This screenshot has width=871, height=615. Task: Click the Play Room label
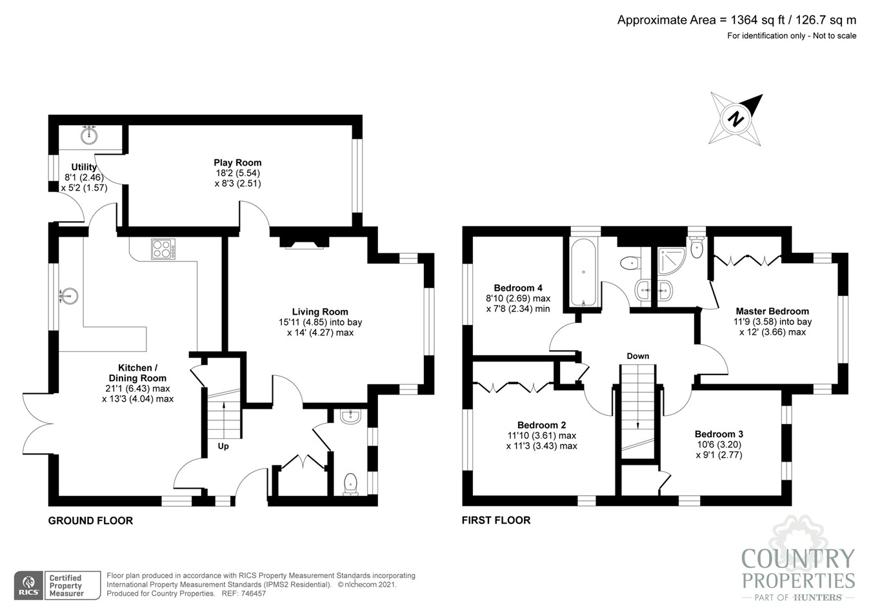click(x=237, y=162)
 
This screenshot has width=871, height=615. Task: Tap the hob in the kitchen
click(x=163, y=249)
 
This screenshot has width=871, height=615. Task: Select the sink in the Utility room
click(x=89, y=135)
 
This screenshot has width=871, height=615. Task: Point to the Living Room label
click(x=320, y=311)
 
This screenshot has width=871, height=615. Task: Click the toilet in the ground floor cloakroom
click(x=350, y=483)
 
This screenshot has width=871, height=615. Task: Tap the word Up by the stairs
click(x=223, y=446)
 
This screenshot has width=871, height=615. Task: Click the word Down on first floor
click(x=637, y=356)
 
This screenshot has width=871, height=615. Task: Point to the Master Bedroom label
click(x=772, y=311)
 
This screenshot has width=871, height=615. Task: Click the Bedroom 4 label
click(x=518, y=288)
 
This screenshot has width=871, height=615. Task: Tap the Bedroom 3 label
click(x=719, y=434)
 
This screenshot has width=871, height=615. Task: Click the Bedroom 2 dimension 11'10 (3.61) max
click(x=541, y=435)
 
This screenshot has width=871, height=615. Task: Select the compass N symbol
click(x=736, y=119)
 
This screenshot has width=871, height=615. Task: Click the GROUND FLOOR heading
click(x=90, y=520)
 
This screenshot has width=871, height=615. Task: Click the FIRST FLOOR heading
click(x=496, y=520)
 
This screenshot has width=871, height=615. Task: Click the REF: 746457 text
click(x=244, y=594)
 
